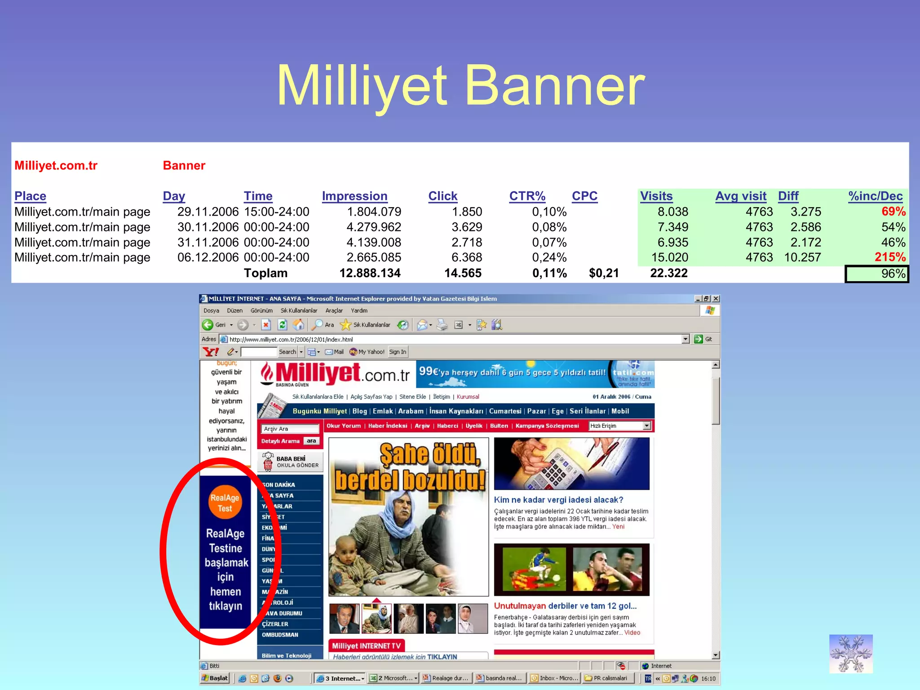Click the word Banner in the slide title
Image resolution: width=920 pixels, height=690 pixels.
555,85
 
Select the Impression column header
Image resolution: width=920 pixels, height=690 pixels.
354,196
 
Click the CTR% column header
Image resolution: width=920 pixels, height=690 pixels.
527,196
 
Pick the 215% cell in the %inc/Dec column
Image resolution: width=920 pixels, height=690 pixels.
889,257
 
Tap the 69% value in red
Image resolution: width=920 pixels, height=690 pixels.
893,211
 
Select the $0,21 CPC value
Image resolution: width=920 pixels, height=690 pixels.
603,273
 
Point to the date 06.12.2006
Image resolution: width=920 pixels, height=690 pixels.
208,257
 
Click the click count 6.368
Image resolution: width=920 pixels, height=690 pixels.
466,257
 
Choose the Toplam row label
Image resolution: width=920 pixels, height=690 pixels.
265,273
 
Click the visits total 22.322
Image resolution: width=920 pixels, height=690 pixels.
668,273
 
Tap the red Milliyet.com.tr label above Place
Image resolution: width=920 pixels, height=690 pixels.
56,165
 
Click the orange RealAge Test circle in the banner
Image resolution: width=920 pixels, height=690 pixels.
225,502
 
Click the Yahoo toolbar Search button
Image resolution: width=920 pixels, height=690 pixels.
287,352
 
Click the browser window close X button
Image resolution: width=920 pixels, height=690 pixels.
716,299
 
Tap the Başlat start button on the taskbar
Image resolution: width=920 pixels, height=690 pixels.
215,678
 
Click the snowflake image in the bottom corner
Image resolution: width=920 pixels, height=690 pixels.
850,654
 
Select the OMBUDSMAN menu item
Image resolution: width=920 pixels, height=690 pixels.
280,635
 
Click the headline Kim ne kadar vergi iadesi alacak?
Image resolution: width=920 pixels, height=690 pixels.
558,500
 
